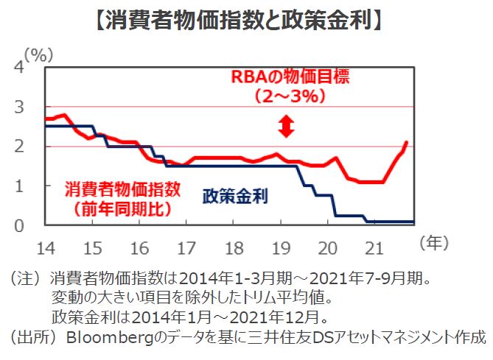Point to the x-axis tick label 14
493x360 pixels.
45,244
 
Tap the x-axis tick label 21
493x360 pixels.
374,244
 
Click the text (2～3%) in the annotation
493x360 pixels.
287,96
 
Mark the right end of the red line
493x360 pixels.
407,142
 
